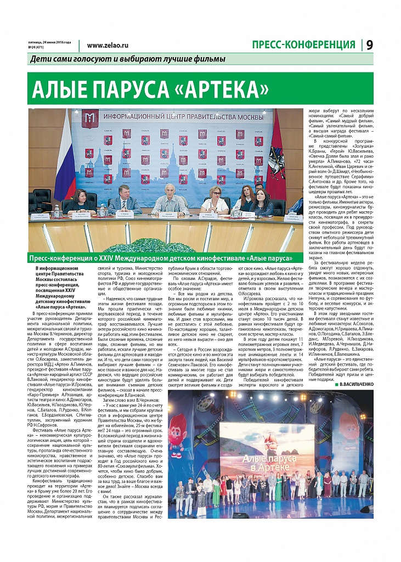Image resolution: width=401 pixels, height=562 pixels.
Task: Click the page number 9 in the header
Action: [x=370, y=45]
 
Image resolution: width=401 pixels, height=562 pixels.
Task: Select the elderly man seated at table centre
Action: [x=171, y=199]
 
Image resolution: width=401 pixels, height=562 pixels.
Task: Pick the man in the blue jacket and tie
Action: [x=125, y=200]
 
